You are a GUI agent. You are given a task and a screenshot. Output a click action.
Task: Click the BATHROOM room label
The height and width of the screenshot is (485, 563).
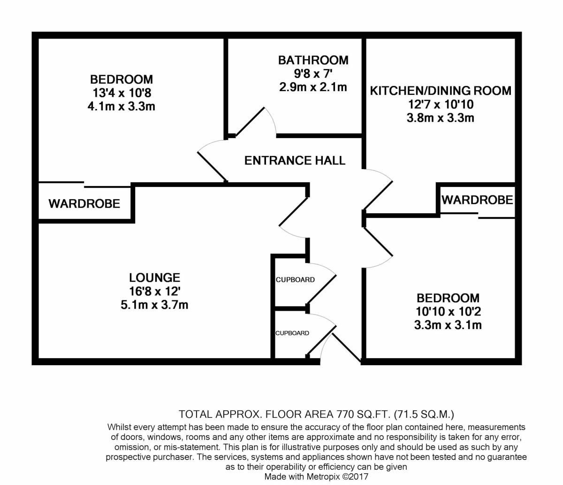point(313,60)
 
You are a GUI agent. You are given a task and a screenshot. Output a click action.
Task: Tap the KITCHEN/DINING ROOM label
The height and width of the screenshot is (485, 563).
point(441,90)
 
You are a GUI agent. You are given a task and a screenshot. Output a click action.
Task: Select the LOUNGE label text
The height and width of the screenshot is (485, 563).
point(154,277)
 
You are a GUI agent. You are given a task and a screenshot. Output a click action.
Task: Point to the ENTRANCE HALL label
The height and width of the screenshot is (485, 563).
point(295,161)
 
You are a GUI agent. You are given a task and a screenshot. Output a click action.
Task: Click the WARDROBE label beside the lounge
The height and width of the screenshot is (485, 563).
point(84,204)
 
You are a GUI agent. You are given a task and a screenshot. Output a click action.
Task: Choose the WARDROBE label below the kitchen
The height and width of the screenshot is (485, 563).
point(477,200)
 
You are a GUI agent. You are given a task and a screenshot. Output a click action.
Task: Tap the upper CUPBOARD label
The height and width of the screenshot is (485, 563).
point(295,280)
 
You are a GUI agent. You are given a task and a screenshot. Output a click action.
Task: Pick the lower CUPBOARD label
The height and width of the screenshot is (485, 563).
point(292,333)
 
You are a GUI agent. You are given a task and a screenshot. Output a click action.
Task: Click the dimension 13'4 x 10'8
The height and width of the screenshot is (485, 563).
point(122,93)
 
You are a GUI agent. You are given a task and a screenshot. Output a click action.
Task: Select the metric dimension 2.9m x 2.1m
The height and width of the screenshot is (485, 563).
point(313,87)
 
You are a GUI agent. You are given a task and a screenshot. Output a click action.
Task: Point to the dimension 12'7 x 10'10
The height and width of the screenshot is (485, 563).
point(441,104)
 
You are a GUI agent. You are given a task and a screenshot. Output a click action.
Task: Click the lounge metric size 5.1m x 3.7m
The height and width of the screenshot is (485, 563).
point(154,305)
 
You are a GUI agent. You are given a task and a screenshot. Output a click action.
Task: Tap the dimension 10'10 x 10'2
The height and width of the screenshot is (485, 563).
point(448,311)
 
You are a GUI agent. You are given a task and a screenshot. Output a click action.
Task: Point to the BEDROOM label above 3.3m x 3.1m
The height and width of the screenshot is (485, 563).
point(448,298)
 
